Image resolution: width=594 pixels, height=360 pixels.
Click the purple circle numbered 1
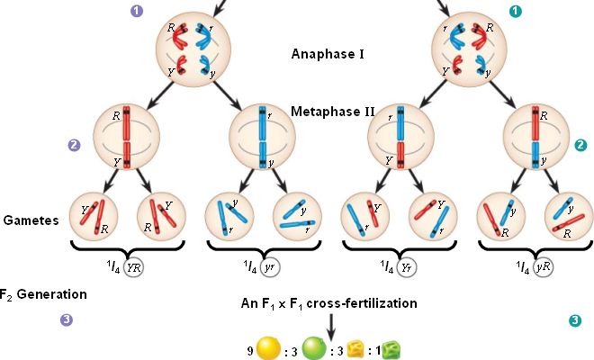(137, 11)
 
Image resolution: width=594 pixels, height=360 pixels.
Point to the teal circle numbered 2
(580, 144)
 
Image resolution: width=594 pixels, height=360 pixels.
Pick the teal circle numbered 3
(576, 319)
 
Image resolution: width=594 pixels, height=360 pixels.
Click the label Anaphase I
(328, 54)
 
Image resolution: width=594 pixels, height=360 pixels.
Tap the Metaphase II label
(333, 112)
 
